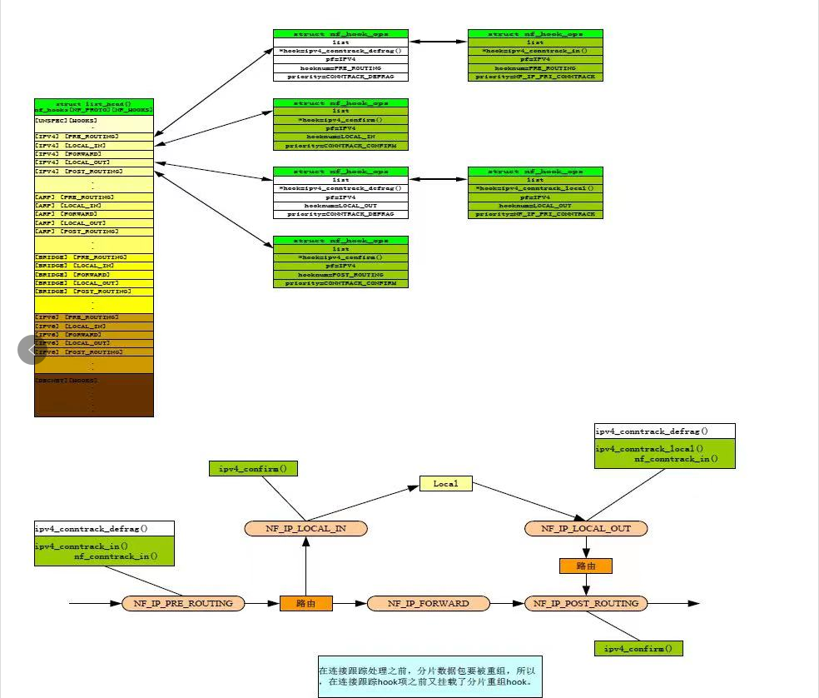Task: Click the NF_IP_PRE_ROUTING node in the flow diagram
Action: coord(183,603)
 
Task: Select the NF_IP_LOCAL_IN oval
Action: coord(305,528)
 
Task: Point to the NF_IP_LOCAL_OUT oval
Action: coord(586,528)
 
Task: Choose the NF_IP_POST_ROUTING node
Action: coord(586,603)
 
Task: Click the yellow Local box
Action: coord(446,483)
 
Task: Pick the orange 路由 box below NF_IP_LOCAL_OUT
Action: coord(586,566)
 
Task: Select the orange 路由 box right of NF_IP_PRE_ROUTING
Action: coord(305,603)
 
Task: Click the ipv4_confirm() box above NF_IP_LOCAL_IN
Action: coord(252,468)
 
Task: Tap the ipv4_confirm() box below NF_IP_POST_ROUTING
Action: coord(638,648)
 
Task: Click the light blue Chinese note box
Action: coord(429,676)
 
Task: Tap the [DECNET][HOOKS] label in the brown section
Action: coord(67,380)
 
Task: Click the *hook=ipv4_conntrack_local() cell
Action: coord(535,188)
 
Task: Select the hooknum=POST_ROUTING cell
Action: coord(341,275)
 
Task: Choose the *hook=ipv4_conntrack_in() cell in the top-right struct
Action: coord(535,51)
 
